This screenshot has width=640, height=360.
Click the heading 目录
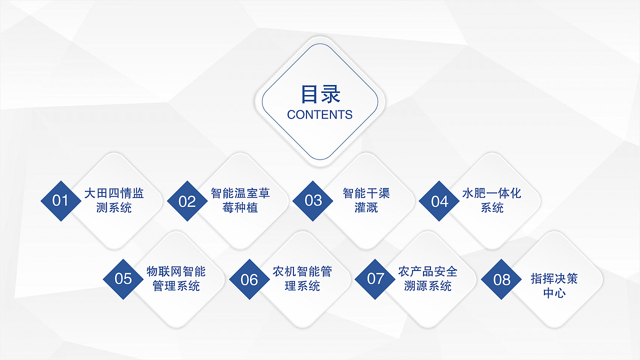tap(320, 94)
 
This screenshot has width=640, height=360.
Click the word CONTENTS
tap(320, 114)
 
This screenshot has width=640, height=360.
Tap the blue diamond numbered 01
tap(60, 201)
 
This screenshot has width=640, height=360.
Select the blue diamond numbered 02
tap(187, 201)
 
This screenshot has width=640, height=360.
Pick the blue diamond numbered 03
tap(313, 201)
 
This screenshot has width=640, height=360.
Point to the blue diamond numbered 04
tap(439, 201)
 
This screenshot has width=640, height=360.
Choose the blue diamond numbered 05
tap(123, 279)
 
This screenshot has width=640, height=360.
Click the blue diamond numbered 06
tap(249, 279)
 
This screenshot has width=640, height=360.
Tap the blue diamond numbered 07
tap(375, 279)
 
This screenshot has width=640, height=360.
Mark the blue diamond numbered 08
tap(502, 279)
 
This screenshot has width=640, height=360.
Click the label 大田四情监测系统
tap(114, 200)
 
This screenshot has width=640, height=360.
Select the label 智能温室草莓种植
tap(240, 200)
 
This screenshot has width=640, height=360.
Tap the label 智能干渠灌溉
tap(366, 200)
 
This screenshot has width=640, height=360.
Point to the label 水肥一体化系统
tap(492, 200)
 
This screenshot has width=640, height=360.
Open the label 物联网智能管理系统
tap(176, 279)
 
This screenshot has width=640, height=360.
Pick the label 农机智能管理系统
tap(302, 279)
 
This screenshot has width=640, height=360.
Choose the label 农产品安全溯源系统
tap(428, 279)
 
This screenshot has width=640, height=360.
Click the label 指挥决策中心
tap(554, 285)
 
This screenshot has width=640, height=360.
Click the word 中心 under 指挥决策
tap(554, 292)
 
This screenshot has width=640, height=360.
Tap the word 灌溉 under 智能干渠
tap(366, 207)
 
